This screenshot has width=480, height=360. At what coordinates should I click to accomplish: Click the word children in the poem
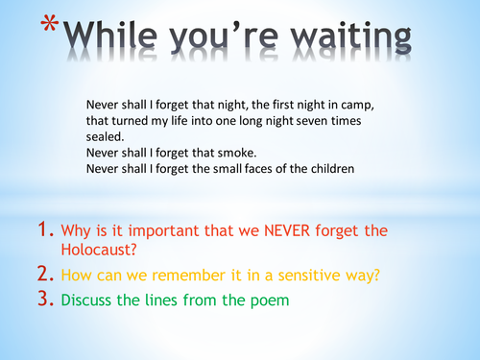[329, 170]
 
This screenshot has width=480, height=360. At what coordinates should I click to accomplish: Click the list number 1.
[43, 230]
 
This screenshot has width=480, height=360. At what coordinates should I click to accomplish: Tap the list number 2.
[43, 276]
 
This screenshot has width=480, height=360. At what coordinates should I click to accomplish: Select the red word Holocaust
[95, 252]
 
